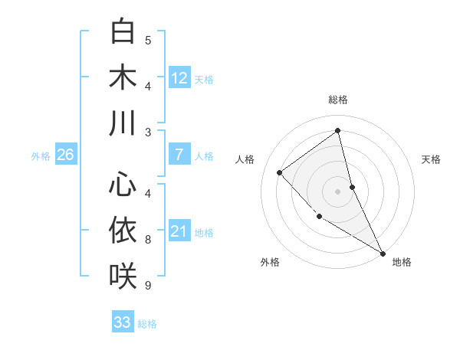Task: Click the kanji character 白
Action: [123, 31]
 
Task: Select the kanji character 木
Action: [123, 77]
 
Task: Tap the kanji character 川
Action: [123, 123]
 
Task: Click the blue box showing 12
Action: [179, 77]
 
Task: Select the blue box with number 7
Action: [179, 155]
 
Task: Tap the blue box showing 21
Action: [179, 231]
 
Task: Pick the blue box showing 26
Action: [65, 155]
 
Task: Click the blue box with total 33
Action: [123, 322]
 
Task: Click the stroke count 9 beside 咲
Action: [148, 286]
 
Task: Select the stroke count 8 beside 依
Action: [148, 240]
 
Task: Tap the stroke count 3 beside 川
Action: [148, 133]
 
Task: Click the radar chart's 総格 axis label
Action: [338, 100]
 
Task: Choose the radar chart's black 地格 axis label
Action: [402, 262]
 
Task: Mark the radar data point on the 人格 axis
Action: [280, 172]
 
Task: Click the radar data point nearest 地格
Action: [383, 253]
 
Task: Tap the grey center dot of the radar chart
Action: [338, 191]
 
